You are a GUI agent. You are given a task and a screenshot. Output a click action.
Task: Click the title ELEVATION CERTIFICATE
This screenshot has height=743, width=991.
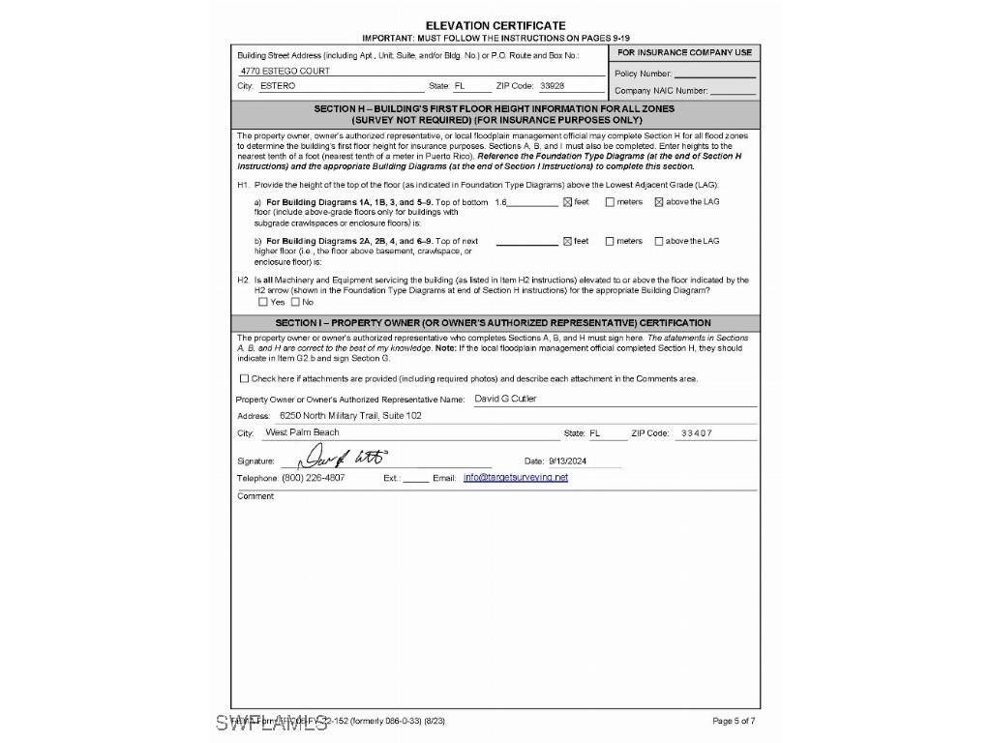[x=495, y=25]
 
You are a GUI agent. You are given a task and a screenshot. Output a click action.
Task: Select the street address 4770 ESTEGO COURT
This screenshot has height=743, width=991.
[x=284, y=71]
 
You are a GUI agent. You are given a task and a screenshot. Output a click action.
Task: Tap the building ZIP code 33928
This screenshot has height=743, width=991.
[x=552, y=86]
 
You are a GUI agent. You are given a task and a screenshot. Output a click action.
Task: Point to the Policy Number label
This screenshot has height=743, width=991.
[x=643, y=74]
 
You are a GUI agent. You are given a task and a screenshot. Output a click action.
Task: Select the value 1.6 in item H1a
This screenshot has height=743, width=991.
[x=500, y=202]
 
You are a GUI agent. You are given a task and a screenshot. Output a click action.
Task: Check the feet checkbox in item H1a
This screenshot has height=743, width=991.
[x=568, y=202]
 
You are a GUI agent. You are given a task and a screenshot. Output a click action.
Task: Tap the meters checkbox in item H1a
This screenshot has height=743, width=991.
[x=610, y=202]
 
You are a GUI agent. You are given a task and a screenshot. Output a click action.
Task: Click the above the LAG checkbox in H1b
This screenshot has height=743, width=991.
[x=659, y=242]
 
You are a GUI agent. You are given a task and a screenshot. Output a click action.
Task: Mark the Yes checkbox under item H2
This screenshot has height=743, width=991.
[x=263, y=302]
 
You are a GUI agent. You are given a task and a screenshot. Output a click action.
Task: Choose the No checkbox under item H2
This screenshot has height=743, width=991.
[x=295, y=302]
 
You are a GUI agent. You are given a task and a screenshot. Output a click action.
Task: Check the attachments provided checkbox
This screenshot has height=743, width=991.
[x=244, y=378]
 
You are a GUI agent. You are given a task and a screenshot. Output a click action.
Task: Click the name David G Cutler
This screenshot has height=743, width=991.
[x=505, y=399]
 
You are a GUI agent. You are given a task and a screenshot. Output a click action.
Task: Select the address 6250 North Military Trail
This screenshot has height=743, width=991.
[x=344, y=416]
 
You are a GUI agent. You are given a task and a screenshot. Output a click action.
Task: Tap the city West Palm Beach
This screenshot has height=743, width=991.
[x=302, y=432]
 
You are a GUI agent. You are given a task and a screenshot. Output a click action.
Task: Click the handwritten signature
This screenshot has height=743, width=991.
[x=345, y=458]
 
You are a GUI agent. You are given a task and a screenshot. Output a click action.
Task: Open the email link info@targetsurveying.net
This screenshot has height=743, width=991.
[x=516, y=478]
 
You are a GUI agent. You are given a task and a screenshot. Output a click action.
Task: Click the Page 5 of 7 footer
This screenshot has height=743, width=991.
[x=734, y=721]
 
